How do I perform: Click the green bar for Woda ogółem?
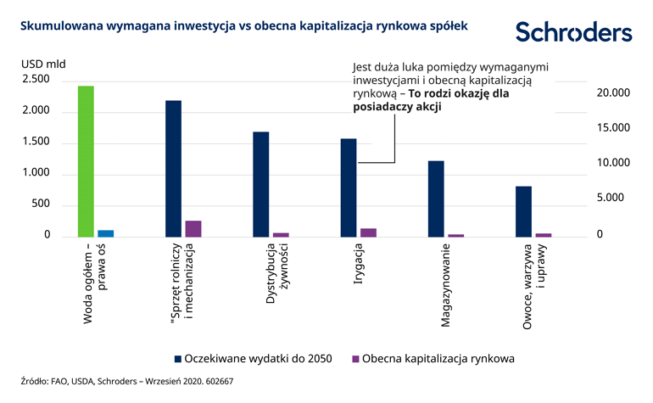86,161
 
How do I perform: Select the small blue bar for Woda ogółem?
105,232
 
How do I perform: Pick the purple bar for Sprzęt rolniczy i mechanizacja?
193,228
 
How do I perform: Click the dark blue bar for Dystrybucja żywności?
261,184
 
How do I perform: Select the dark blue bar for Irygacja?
349,188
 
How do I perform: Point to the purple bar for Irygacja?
368,232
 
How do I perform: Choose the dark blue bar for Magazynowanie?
436,199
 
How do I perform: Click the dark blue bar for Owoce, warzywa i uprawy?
523,211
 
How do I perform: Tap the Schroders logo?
573,32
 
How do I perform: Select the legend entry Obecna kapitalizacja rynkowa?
432,358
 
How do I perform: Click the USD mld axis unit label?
43,63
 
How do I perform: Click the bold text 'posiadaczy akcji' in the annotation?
397,108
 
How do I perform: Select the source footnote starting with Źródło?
126,382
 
